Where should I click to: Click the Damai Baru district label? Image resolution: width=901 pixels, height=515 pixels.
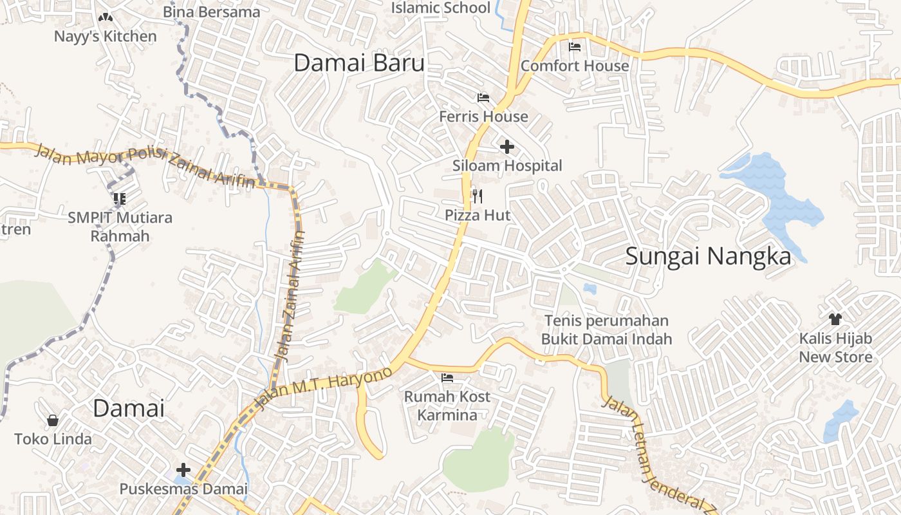tap(359, 63)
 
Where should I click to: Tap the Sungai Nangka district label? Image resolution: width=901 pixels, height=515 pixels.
tap(708, 256)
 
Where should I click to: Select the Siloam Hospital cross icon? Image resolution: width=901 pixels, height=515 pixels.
tap(507, 147)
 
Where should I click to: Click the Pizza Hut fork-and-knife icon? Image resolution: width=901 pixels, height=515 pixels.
tap(477, 196)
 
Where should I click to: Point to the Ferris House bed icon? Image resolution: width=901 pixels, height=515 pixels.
tap(483, 98)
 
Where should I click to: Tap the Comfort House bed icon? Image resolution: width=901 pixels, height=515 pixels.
tap(575, 47)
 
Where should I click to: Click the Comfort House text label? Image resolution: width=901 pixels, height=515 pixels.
tap(575, 66)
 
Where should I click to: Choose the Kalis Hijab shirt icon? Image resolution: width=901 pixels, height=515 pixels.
tap(835, 319)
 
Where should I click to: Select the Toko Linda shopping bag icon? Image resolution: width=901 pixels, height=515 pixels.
tap(53, 420)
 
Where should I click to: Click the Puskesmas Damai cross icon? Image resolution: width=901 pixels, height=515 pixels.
tap(183, 470)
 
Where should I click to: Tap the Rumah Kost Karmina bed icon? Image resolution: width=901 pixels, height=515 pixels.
tap(447, 377)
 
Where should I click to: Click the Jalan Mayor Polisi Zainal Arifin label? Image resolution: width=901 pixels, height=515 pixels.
tap(145, 164)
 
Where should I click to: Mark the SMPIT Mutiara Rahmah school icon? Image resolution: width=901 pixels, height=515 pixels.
tap(119, 198)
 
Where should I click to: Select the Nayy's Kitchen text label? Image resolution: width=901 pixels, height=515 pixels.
tap(105, 37)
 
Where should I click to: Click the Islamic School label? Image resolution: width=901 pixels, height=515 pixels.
tap(441, 8)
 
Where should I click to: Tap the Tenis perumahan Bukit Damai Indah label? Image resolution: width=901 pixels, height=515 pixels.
tap(606, 330)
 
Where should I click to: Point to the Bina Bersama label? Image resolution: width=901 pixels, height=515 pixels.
tap(211, 12)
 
